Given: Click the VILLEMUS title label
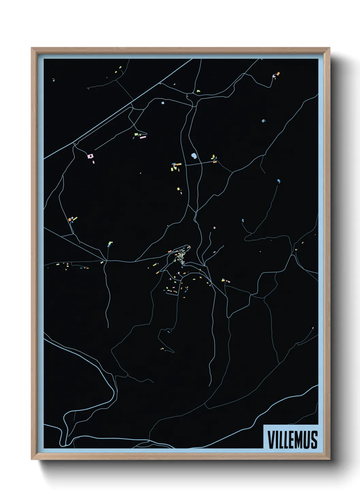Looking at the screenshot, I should coord(292,439).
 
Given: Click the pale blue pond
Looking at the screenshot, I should coord(194,156).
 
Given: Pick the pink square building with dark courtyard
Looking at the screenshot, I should coord(90,156).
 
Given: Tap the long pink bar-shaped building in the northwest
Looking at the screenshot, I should coord(143,137).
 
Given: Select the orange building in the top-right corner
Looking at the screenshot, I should coord(278,74).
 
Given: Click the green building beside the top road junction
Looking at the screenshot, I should coord(198,91).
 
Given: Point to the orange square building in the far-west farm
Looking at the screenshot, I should coord(70,220).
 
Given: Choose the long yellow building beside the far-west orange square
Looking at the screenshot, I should coord(74,218).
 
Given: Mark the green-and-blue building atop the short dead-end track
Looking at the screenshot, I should coord(109,244).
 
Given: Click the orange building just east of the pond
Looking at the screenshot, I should coord(215,162).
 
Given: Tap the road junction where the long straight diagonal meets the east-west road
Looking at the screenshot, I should coord(106,261).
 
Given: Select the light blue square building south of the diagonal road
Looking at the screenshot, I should coord(163,102).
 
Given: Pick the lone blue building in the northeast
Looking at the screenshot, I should coord(263,121).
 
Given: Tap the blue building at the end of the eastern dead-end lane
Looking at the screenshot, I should coord(279,180).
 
